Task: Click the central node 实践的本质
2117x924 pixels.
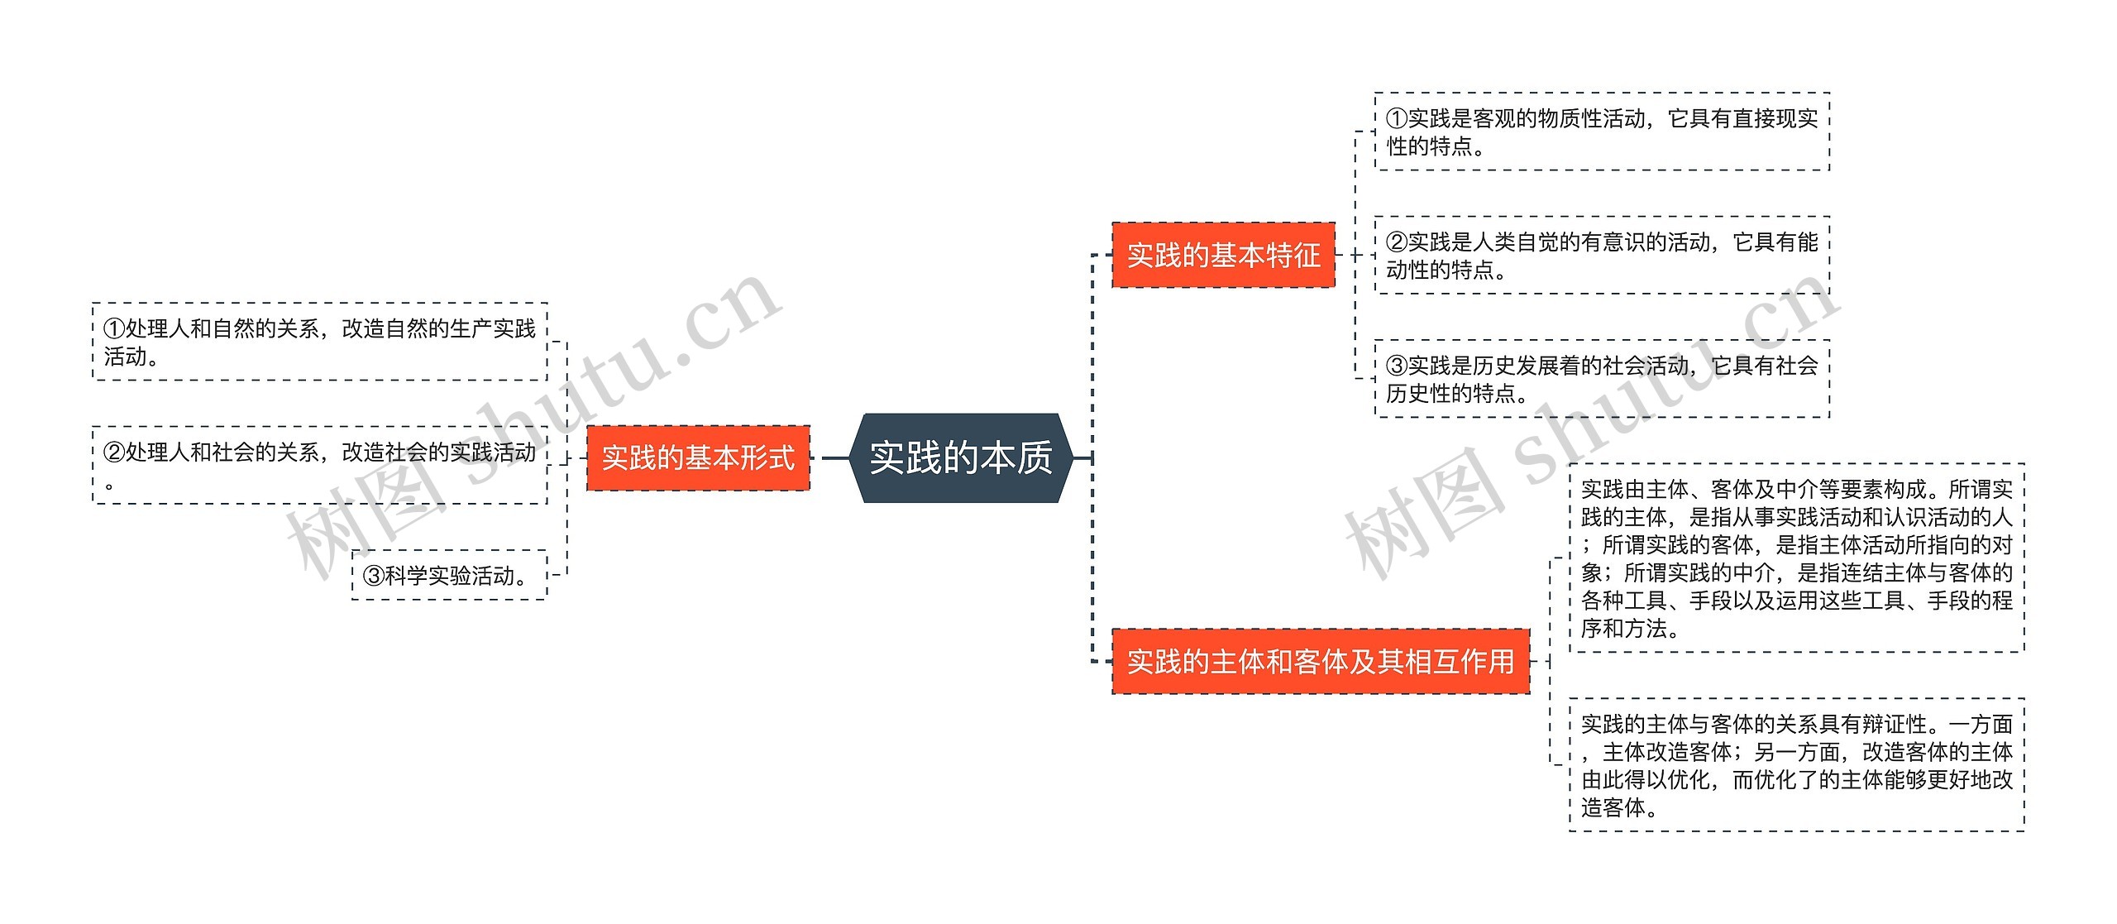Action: pyautogui.click(x=960, y=457)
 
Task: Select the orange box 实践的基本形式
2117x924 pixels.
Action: pyautogui.click(x=698, y=457)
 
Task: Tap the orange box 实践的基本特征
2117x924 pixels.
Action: pyautogui.click(x=1223, y=255)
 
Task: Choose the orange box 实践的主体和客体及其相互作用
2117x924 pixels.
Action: pyautogui.click(x=1320, y=661)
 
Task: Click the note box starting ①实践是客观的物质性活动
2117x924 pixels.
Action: pyautogui.click(x=1602, y=132)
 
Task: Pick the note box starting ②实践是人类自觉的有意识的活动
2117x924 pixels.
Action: pyautogui.click(x=1602, y=256)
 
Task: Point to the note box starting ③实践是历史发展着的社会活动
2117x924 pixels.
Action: pyautogui.click(x=1602, y=379)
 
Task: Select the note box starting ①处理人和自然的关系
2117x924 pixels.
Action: pyautogui.click(x=320, y=342)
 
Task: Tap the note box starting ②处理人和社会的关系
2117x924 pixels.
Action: pyautogui.click(x=320, y=466)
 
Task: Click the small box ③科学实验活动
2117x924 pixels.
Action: pyautogui.click(x=449, y=575)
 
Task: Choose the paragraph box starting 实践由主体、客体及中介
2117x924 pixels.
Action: pyautogui.click(x=1796, y=558)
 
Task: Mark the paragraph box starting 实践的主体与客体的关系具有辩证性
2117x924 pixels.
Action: pyautogui.click(x=1796, y=765)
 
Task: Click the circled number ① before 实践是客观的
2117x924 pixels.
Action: pyautogui.click(x=1397, y=119)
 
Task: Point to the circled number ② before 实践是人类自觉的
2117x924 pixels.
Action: pyautogui.click(x=1397, y=242)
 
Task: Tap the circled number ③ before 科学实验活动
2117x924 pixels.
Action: pyautogui.click(x=374, y=576)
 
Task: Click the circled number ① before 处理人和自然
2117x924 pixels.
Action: pyautogui.click(x=114, y=329)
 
